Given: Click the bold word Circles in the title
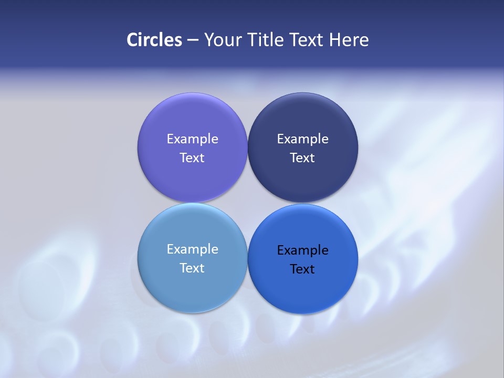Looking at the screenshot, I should click(x=154, y=40).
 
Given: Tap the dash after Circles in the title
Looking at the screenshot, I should click(x=193, y=40).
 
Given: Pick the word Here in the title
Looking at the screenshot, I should click(x=349, y=40).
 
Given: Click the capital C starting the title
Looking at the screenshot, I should click(x=132, y=40).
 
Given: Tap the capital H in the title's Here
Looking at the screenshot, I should click(x=334, y=40).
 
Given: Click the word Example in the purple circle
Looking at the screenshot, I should click(x=192, y=139).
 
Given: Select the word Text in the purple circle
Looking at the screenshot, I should click(x=192, y=157).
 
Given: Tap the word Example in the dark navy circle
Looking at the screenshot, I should click(x=302, y=139).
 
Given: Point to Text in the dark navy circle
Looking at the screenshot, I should click(x=302, y=157).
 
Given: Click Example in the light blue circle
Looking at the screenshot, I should click(x=192, y=249).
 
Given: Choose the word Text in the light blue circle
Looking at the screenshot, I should click(x=192, y=268).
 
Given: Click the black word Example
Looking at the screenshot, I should click(x=302, y=250).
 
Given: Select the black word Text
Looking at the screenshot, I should click(x=302, y=269).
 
